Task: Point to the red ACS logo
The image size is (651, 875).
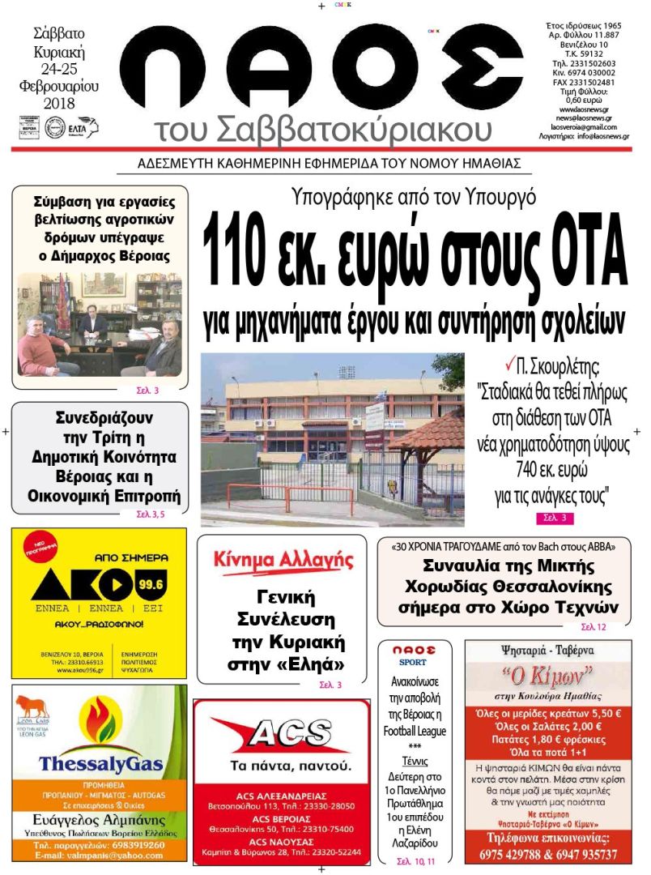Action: coord(283,735)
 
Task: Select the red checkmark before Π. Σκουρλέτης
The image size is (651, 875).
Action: coord(509,367)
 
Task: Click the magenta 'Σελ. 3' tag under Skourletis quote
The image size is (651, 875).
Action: coord(554,518)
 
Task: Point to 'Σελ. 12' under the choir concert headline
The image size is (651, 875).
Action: coord(593,627)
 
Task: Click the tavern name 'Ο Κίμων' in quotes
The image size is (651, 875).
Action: coord(547,675)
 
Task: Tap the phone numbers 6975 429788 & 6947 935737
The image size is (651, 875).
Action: coord(548,854)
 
